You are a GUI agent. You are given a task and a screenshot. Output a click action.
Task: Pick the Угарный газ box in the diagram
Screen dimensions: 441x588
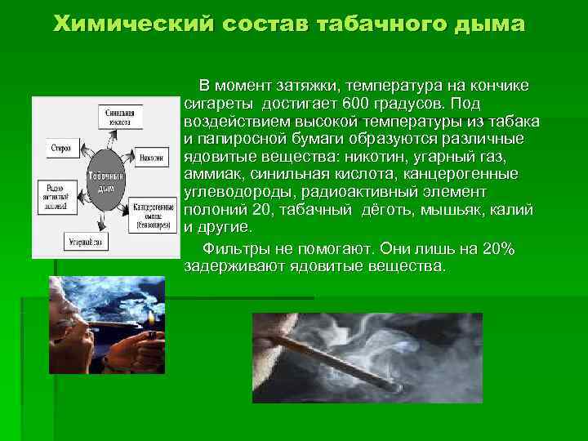[x=86, y=243]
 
